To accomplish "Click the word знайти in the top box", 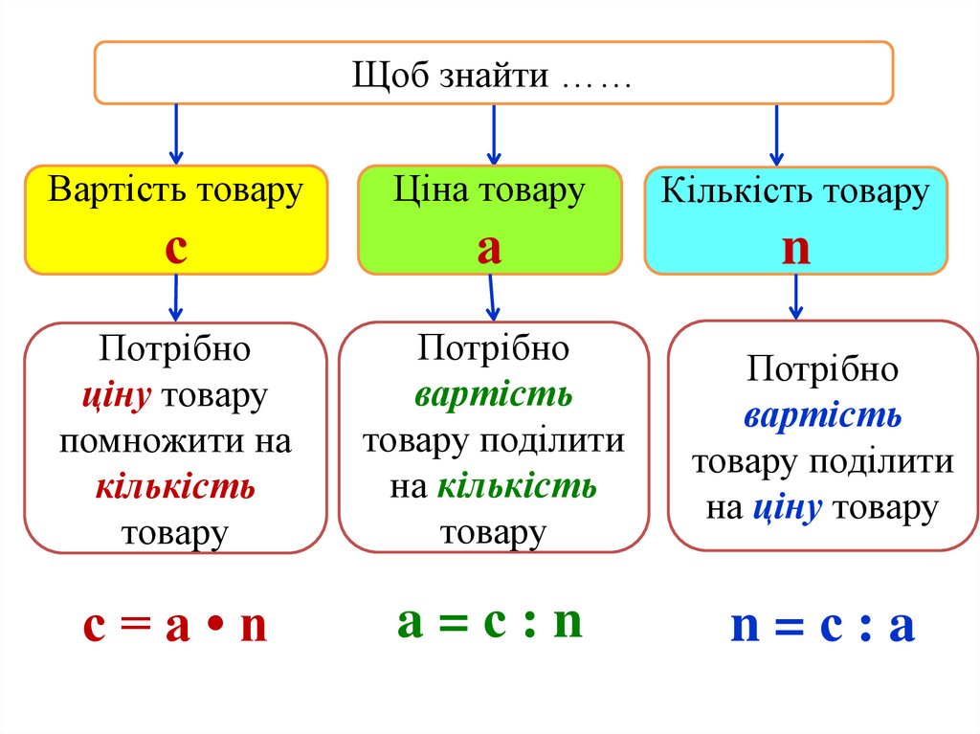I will pos(495,75).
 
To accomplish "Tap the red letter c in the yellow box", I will pos(175,248).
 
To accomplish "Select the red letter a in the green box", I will pos(489,248).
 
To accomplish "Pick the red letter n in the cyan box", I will pos(795,248).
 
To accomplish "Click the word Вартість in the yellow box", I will pos(108,189).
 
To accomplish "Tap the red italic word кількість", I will pos(175,488).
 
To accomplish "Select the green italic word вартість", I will pos(493,395).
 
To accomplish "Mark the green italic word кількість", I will pos(517,488).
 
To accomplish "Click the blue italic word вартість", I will pos(822,416).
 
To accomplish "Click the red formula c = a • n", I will pos(175,628).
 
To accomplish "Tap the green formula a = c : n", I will pos(489,622).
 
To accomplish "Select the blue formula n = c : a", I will pos(823,628).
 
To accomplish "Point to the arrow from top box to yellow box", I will pos(175,134).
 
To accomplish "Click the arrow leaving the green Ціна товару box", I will pos(492,298).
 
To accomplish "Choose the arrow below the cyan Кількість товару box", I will pos(795,298).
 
